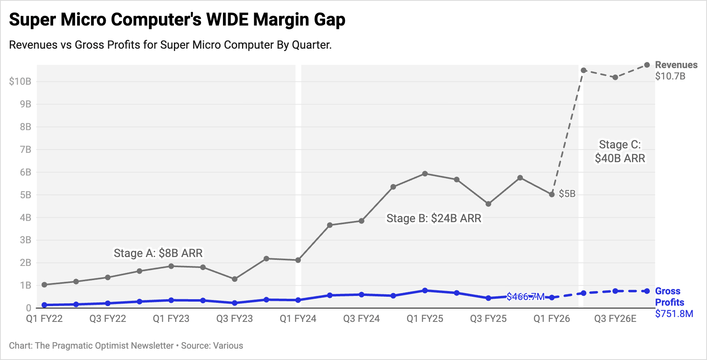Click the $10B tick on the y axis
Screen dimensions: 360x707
(20, 81)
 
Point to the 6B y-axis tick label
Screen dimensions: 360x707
(25, 172)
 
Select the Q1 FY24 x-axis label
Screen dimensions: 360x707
(298, 319)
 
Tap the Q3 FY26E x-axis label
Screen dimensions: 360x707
(615, 319)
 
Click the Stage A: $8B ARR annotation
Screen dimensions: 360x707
(158, 253)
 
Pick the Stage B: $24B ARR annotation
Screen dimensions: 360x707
(434, 218)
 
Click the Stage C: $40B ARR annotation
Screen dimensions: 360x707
(620, 151)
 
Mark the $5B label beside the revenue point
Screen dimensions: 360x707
(567, 194)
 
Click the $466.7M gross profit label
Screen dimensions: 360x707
(525, 297)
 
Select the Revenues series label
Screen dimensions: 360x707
(676, 65)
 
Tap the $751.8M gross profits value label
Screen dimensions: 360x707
(674, 314)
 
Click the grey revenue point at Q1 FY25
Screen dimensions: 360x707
(425, 174)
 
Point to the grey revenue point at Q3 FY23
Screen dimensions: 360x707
(235, 279)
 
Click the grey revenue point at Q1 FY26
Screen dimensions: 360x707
(552, 195)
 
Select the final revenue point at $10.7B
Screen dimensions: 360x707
(647, 65)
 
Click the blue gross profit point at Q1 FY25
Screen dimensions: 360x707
(425, 291)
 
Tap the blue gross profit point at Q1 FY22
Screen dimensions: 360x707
(44, 305)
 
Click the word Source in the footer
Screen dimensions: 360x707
(195, 346)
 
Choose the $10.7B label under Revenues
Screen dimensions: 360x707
(670, 76)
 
